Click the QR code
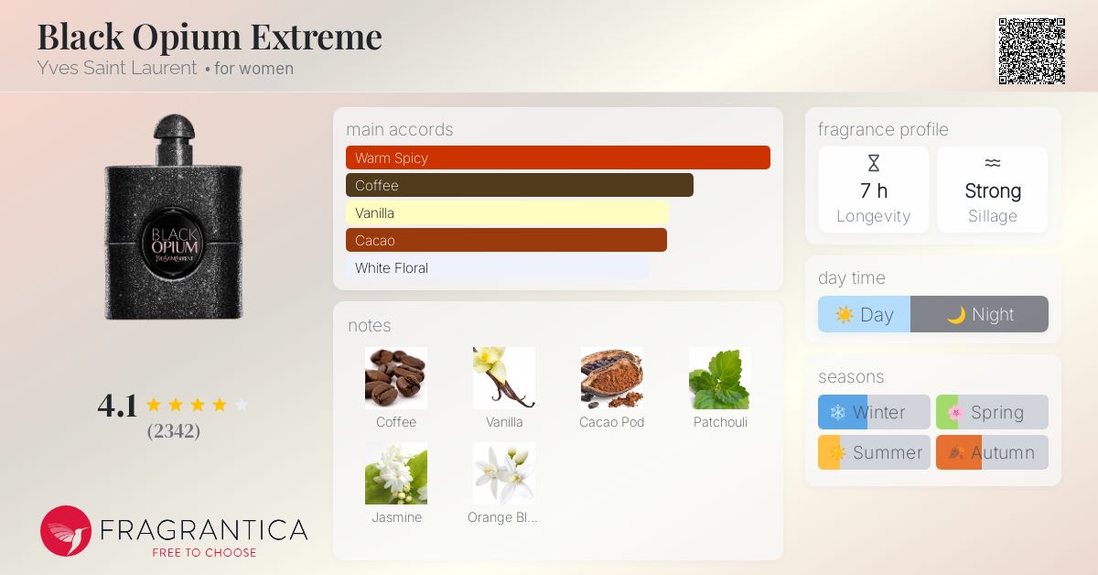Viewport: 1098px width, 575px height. [1032, 51]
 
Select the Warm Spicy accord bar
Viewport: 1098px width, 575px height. [558, 157]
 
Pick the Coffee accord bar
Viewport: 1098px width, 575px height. [520, 185]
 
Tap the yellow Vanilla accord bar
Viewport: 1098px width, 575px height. [507, 213]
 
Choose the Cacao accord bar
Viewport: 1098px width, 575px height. [506, 241]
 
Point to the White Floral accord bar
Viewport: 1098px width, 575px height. [498, 268]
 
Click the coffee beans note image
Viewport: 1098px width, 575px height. [396, 378]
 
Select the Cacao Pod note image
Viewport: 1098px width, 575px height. [612, 378]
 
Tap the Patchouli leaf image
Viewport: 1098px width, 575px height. [719, 378]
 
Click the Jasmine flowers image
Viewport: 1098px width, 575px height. [396, 473]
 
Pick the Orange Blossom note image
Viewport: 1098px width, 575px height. [504, 473]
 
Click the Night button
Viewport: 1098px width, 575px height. [979, 314]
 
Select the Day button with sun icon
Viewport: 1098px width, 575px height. [864, 314]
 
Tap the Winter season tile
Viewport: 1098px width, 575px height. [874, 412]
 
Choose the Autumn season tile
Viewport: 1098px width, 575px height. [992, 452]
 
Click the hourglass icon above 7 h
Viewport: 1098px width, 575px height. [874, 163]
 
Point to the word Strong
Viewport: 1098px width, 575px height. [993, 190]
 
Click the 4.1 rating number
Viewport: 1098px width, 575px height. [117, 406]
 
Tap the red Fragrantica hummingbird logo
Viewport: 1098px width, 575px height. [66, 531]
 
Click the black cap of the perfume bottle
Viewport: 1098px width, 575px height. [174, 127]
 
